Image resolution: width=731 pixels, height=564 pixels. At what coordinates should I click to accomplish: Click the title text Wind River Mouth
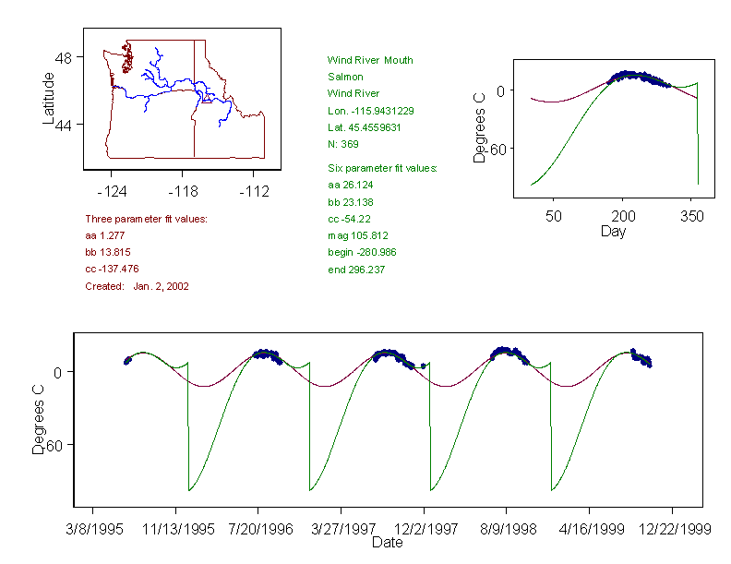tap(370, 60)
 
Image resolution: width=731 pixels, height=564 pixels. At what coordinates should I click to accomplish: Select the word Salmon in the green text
tap(345, 77)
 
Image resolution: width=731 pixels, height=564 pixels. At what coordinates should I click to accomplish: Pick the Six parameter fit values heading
tap(382, 168)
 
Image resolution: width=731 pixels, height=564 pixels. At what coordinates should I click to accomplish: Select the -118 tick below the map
tap(182, 192)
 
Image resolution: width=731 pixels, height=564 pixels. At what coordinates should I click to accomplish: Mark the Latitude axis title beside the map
tap(49, 98)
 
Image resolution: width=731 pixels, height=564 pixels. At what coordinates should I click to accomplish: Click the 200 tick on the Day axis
tap(623, 216)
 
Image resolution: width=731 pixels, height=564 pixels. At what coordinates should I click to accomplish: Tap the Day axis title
tap(613, 231)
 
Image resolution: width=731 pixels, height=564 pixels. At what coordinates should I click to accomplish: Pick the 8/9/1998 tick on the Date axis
tap(506, 530)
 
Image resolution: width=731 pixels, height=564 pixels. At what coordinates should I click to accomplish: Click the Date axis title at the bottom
tap(387, 543)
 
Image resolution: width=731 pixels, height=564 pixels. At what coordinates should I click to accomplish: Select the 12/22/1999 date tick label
tap(672, 530)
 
